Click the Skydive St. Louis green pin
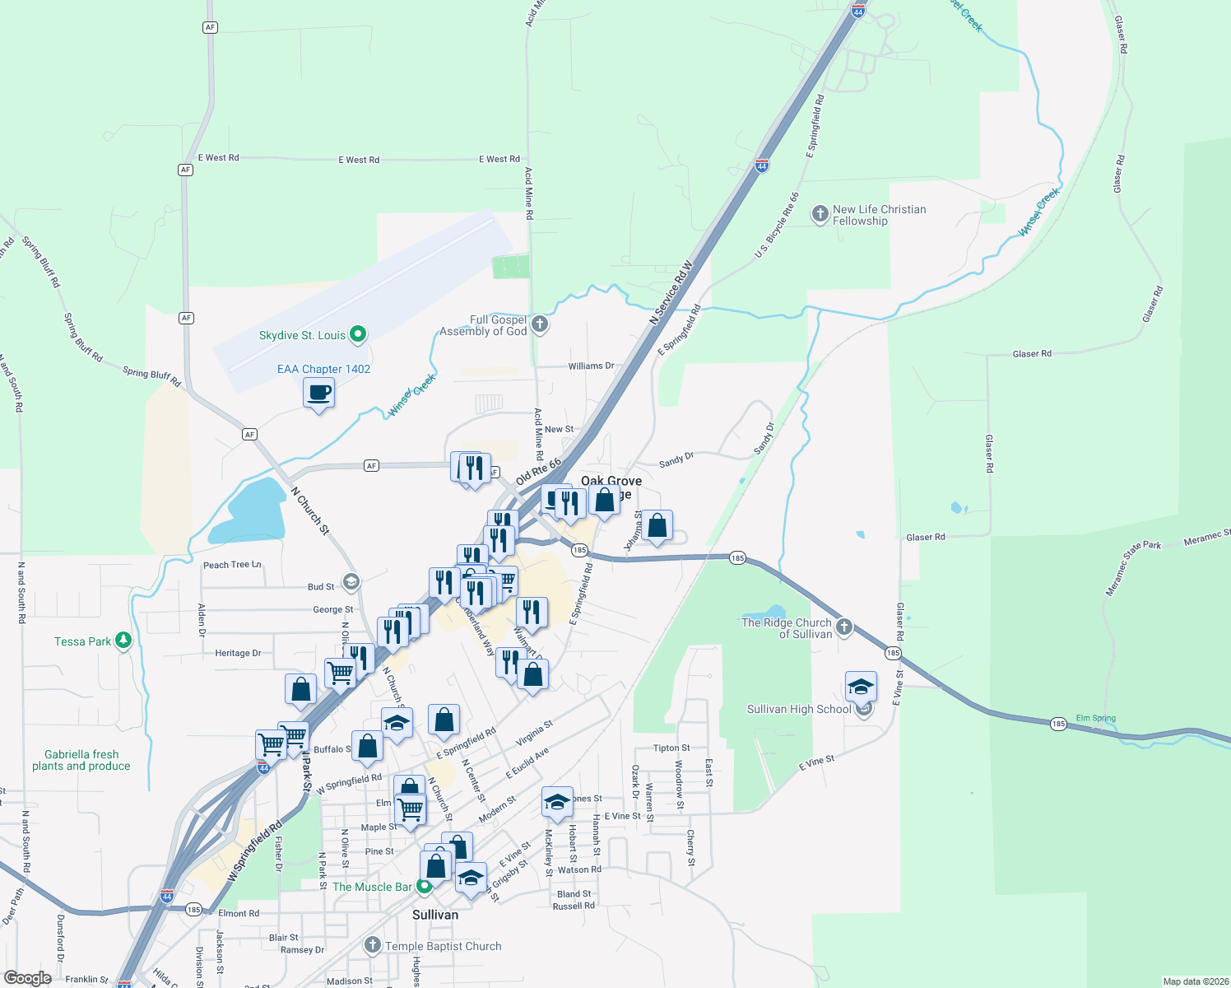point(358,334)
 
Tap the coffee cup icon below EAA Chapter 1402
point(318,394)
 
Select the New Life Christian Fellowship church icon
point(820,215)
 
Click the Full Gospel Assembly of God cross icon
point(540,324)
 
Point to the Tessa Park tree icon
point(123,641)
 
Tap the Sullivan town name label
point(435,915)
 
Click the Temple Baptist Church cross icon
point(373,945)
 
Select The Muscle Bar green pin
point(425,887)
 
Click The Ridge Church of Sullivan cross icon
point(845,629)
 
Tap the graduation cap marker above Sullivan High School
point(861,687)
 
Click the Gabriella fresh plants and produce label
point(81,760)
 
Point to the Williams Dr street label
point(591,366)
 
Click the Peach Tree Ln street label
point(232,565)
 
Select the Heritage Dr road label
point(238,653)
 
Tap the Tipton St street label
point(671,748)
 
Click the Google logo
point(27,978)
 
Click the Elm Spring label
point(1096,718)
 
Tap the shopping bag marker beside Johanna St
point(657,526)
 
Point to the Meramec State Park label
point(1134,568)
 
